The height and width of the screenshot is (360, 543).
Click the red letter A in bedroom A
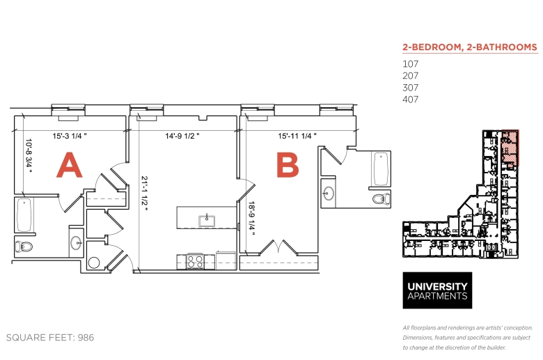click(x=69, y=165)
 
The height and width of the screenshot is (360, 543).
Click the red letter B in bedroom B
click(x=288, y=165)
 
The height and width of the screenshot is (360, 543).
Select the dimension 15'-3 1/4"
click(x=69, y=136)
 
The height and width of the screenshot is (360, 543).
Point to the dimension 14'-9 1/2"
click(x=182, y=136)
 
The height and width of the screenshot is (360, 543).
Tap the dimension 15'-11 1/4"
click(x=297, y=136)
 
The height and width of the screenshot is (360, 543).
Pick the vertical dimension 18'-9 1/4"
click(x=252, y=219)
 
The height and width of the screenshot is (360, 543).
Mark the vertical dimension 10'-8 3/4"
click(x=29, y=156)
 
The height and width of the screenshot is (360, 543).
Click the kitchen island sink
click(x=207, y=221)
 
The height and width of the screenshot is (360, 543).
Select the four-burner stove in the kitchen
click(x=196, y=261)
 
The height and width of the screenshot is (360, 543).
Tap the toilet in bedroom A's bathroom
click(x=24, y=246)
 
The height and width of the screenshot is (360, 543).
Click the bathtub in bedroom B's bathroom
click(x=381, y=169)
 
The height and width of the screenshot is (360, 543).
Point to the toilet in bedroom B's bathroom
click(x=381, y=199)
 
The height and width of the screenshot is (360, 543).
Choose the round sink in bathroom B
click(x=328, y=194)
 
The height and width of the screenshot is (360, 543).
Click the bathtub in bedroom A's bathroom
click(x=24, y=215)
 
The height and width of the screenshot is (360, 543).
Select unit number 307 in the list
click(x=410, y=88)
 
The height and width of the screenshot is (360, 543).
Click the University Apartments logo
click(x=437, y=290)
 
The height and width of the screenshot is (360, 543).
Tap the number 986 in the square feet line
click(x=86, y=338)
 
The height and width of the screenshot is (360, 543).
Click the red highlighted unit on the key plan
click(x=510, y=148)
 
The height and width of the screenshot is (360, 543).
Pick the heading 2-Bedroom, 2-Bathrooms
click(x=470, y=47)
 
